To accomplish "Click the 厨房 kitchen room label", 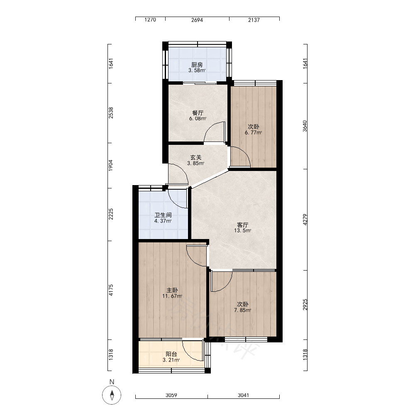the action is coord(197,65).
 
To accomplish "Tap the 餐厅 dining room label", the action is coord(198,113).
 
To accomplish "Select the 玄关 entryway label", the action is coord(196,158).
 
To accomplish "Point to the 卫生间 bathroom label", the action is coord(163,215).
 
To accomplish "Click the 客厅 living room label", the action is coord(242,225).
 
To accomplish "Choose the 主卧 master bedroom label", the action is coord(172,290).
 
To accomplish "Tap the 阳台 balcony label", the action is coord(171,354).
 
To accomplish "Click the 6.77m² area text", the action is coord(253,133).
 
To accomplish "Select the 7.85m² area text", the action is coord(242,310).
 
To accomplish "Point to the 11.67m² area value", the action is coord(172,296).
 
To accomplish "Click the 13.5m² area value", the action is coord(242,230).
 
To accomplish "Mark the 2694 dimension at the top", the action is coord(197,20).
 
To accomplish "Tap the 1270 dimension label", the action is coord(150,20).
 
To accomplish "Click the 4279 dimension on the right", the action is coord(305,220).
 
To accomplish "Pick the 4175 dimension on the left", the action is coord(111,290).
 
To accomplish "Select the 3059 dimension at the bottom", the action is coord(171,395).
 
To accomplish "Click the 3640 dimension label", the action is coord(305,126).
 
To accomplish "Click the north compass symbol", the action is coord(112,395).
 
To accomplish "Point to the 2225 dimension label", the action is coord(111,214).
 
